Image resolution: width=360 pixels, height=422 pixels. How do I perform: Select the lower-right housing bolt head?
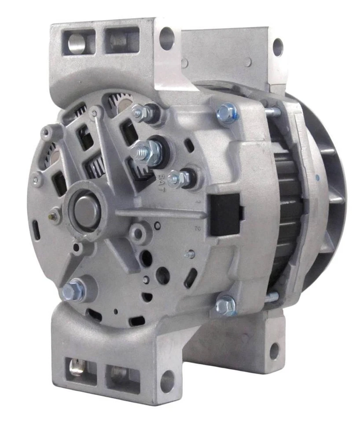[226, 304]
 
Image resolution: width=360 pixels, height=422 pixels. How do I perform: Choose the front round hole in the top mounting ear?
[166, 38]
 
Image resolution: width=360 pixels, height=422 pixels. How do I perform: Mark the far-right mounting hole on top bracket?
[277, 47]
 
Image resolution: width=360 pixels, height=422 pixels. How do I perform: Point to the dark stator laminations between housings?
[288, 198]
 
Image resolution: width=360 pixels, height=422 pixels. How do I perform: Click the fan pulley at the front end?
[328, 185]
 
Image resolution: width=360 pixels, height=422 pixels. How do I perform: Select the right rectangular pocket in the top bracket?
[121, 40]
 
